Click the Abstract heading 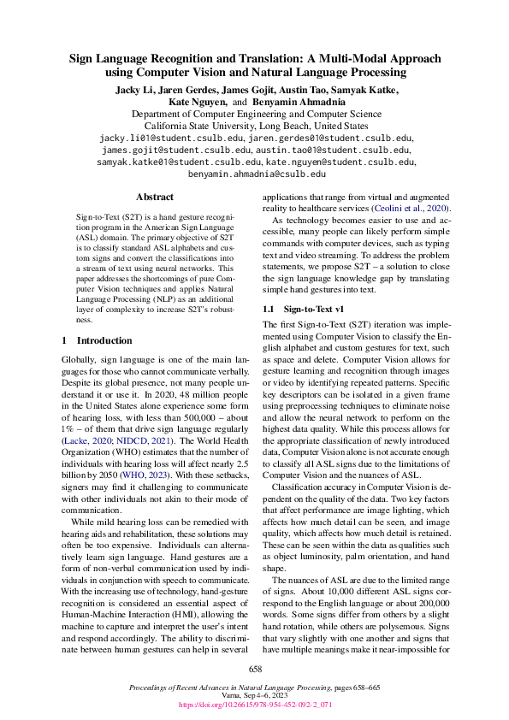click(155, 197)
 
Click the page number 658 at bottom click(254, 670)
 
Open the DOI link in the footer click(255, 705)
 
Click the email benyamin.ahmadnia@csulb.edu click(257, 173)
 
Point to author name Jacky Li click(134, 89)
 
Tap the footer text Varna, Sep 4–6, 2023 click(255, 696)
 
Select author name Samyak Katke click(370, 89)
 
